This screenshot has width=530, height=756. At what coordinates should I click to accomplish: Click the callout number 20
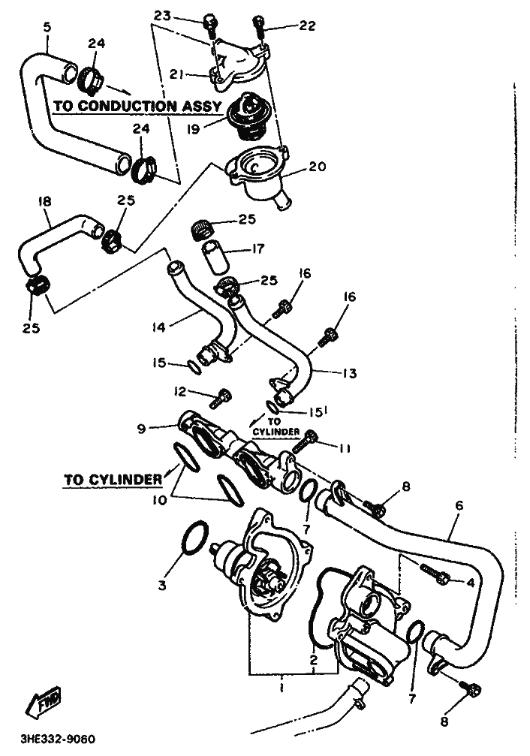coord(318,167)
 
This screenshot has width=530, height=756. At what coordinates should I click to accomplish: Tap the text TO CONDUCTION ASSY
coord(137,106)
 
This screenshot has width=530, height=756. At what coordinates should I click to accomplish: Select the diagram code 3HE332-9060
coord(57,739)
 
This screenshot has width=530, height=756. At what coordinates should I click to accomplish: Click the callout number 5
coord(47,27)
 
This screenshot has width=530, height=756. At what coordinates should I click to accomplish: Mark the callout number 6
coord(459,505)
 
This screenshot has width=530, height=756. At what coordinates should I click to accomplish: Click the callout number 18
coord(44,201)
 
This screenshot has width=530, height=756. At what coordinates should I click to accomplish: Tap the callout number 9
coord(141,428)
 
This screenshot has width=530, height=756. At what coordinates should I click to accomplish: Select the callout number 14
coord(158,327)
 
